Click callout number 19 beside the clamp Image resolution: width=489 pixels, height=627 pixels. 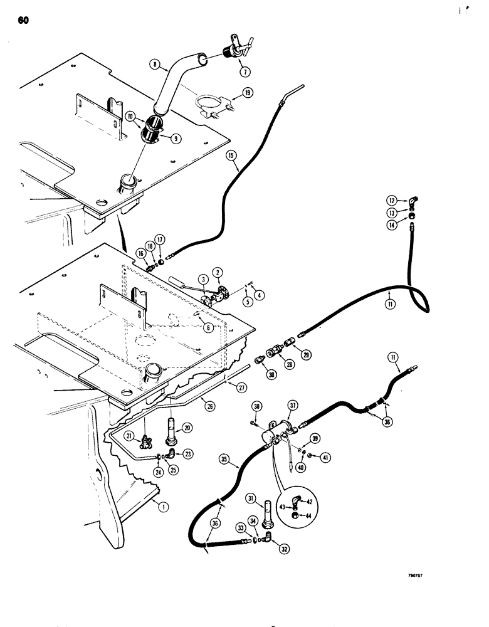248,92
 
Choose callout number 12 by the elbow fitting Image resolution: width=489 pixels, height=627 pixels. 392,201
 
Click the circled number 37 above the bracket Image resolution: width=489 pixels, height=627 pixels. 293,406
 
